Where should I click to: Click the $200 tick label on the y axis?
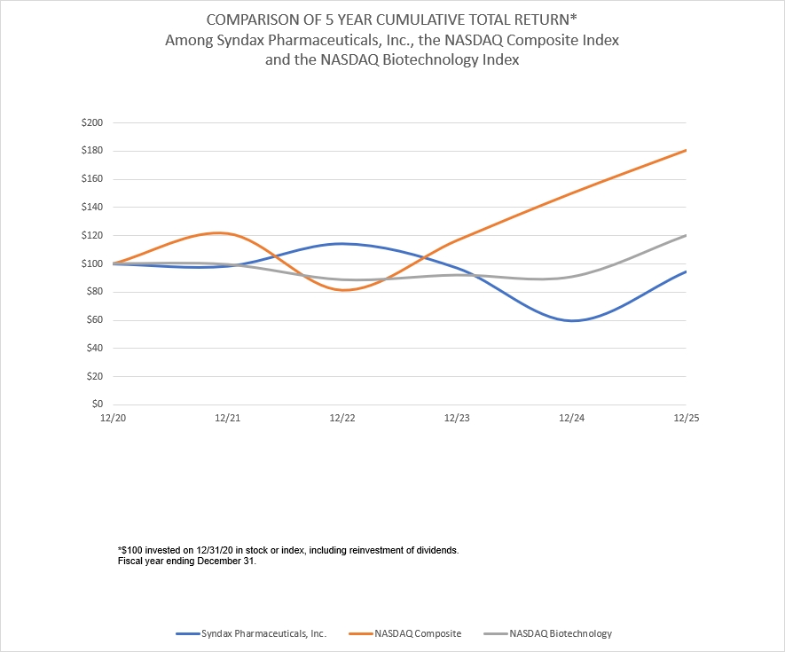92,122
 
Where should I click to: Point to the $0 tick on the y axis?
97,405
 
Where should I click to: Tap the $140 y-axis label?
92,208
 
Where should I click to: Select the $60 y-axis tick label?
94,320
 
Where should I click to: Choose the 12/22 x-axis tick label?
342,418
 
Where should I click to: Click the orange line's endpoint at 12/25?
687,150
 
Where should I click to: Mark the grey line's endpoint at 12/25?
687,235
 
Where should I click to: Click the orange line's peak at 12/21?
222,233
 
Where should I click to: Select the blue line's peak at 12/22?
341,243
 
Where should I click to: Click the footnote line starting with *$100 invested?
287,551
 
